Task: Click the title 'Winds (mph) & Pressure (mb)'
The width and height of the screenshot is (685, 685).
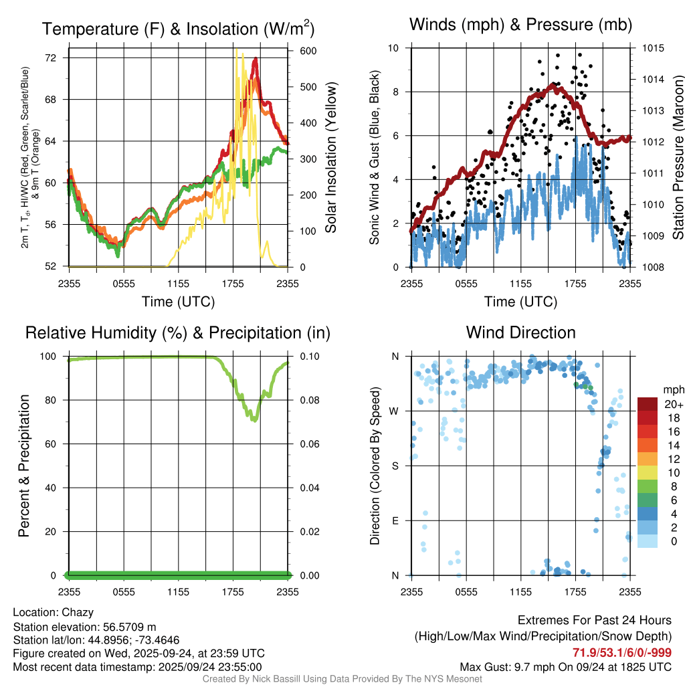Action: pos(520,25)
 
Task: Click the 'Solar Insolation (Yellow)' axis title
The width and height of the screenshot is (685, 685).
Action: pos(331,158)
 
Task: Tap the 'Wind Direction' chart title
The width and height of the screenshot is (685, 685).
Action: pos(520,332)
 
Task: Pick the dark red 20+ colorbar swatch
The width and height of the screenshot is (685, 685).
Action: pos(647,405)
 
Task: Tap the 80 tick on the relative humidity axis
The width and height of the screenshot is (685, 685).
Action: pos(56,400)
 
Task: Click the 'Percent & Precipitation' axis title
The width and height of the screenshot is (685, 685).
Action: pos(24,466)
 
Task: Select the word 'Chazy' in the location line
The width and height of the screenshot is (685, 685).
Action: pos(78,613)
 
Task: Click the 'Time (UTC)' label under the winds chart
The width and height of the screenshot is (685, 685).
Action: pos(520,302)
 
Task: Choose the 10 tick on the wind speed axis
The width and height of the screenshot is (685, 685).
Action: pos(395,48)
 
